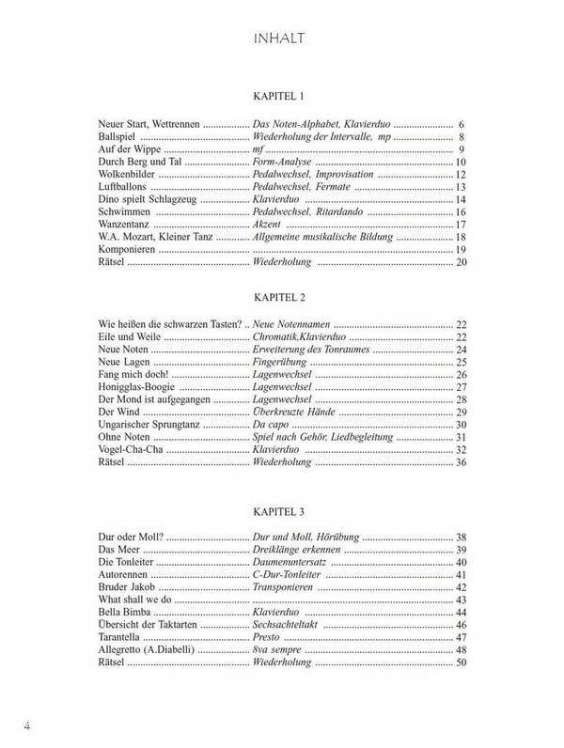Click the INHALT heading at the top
[281, 39]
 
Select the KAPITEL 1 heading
[280, 98]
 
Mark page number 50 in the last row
[461, 664]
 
